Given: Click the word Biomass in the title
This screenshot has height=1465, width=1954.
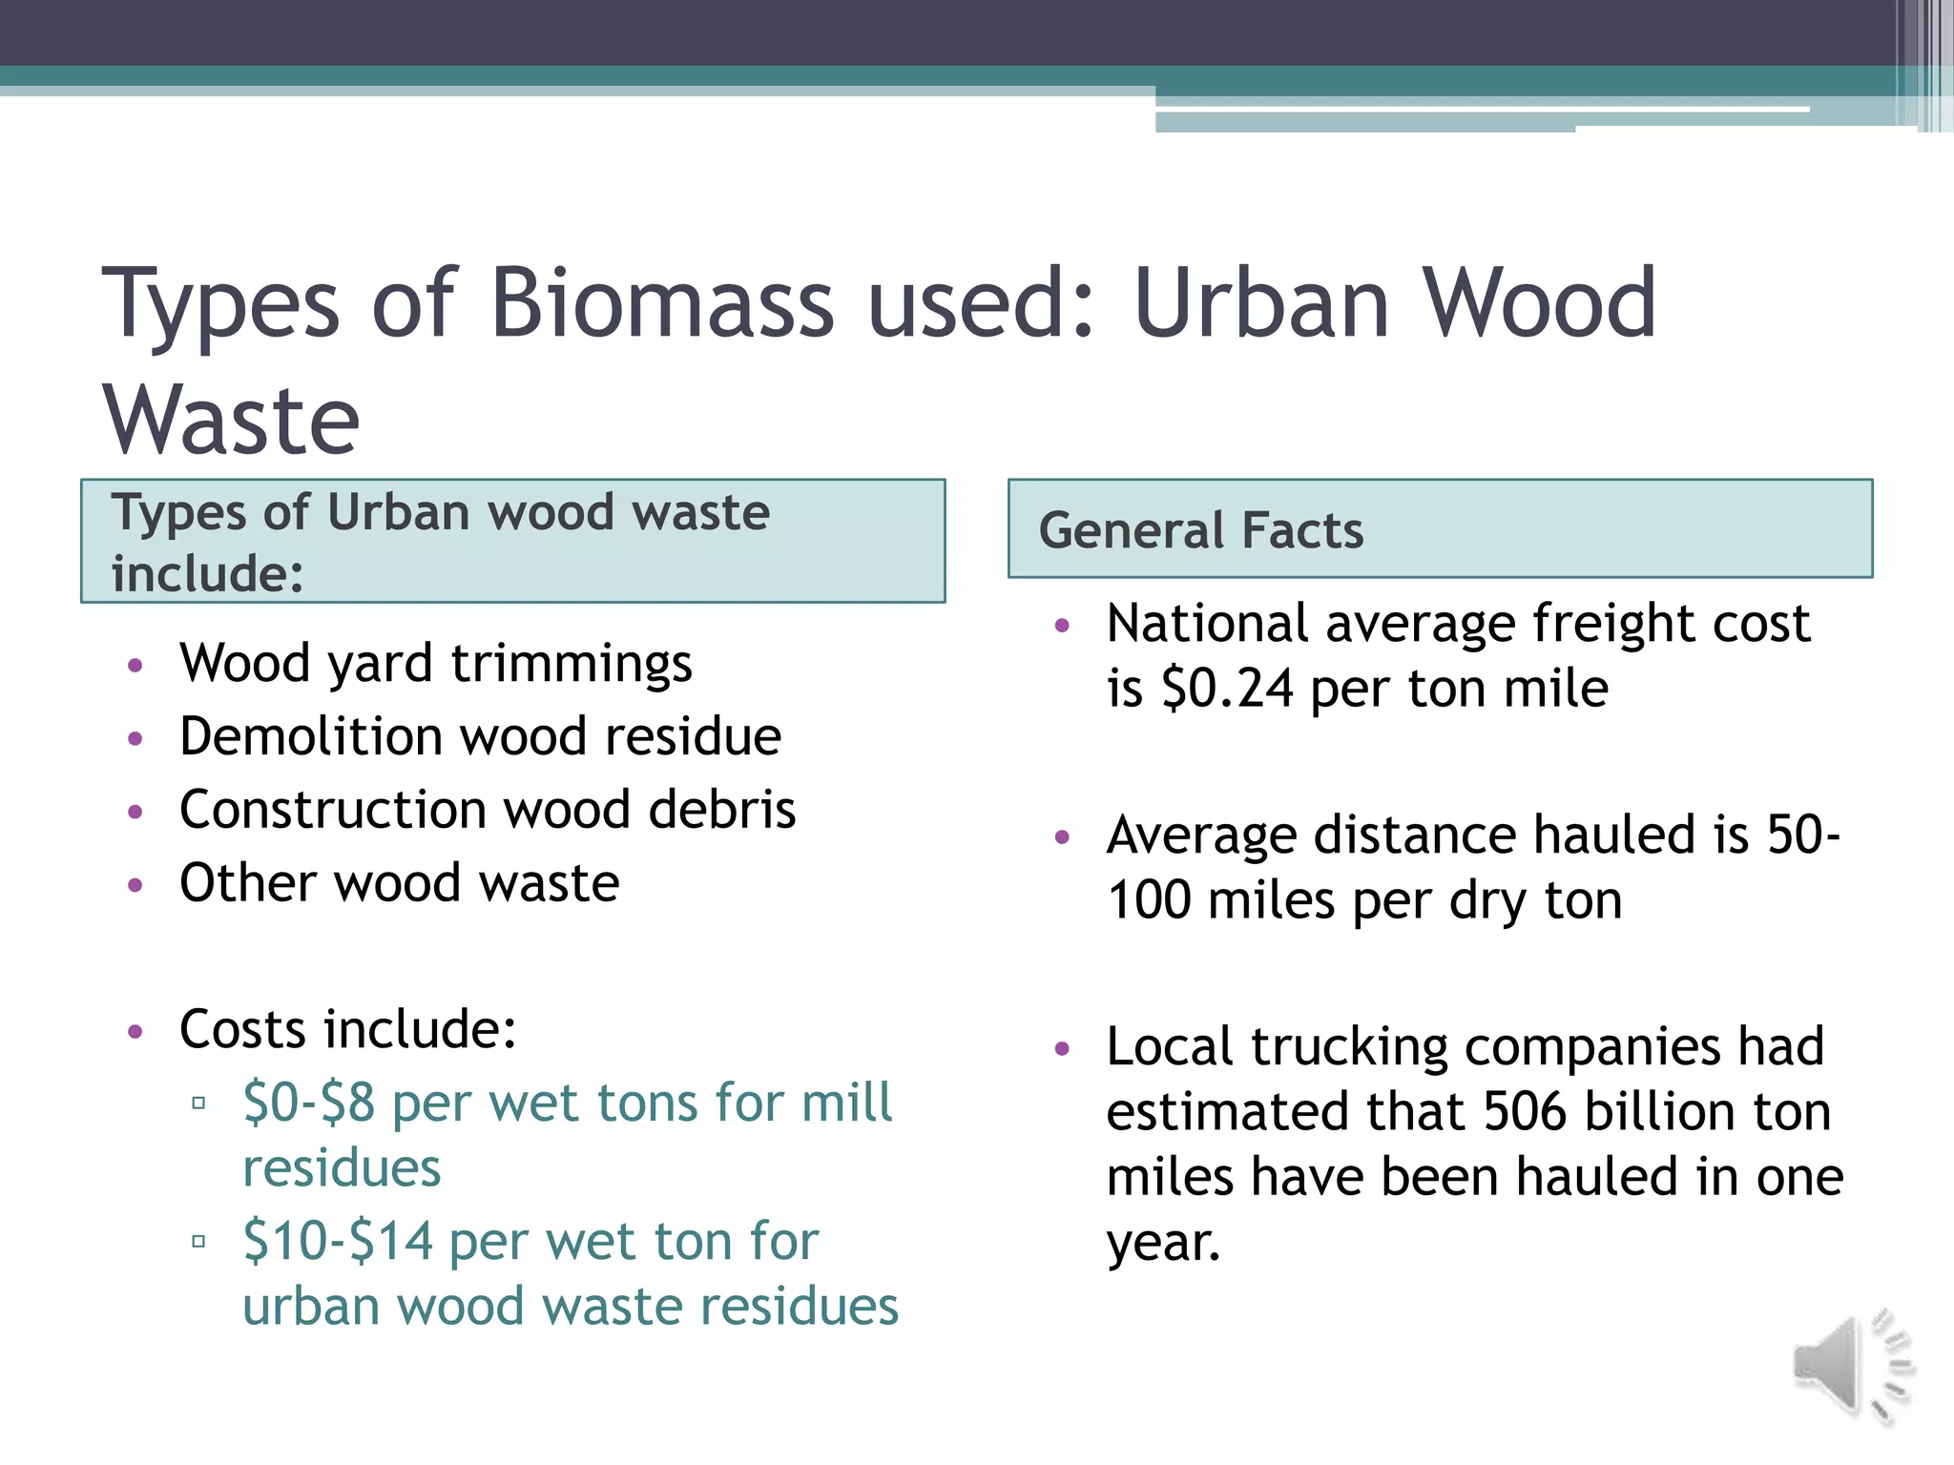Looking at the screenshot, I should [x=662, y=303].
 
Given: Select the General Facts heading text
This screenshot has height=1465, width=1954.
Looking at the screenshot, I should [x=1201, y=530].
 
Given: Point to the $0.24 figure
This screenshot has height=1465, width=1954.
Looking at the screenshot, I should [x=1228, y=689].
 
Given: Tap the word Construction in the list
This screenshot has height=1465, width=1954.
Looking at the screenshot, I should [x=331, y=810].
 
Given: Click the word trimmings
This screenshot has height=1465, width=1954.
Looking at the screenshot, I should [x=572, y=665].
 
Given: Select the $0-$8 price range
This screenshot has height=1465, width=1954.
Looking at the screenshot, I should [x=308, y=1103].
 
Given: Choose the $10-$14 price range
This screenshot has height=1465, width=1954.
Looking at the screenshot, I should [x=338, y=1241].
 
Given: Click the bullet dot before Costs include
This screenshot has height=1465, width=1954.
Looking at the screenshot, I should [x=135, y=1031].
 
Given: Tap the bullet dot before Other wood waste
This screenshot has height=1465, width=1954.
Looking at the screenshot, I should [x=135, y=885].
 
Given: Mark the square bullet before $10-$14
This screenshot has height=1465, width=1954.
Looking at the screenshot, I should [x=198, y=1242].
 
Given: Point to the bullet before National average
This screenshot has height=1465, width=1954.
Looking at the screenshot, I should [x=1063, y=627].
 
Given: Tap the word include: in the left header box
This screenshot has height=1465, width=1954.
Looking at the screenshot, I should [x=207, y=574].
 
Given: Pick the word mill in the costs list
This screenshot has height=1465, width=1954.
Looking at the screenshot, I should [x=846, y=1103].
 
